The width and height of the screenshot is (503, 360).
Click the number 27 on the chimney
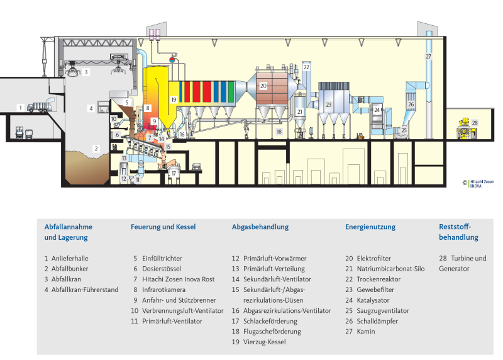click(428, 57)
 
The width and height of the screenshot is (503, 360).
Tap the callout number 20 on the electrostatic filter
click(263, 85)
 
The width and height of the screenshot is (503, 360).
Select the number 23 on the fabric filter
click(328, 105)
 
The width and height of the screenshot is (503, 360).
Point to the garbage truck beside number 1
click(38, 108)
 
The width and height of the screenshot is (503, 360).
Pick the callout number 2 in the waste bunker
click(96, 149)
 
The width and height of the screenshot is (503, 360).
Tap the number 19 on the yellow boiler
click(174, 99)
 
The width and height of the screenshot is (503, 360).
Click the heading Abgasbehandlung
click(260, 227)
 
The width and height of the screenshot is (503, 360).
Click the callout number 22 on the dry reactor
click(306, 66)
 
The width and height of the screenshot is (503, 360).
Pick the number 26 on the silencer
click(411, 104)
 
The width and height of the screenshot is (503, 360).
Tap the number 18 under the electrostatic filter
click(279, 132)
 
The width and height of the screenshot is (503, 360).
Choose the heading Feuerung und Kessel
click(163, 227)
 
